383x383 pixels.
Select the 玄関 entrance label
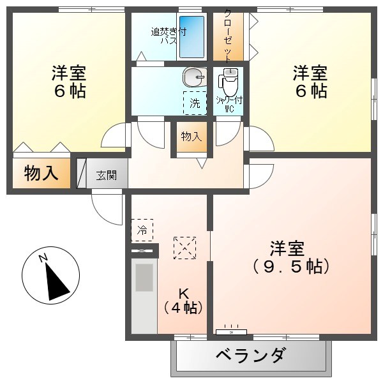click(x=107, y=175)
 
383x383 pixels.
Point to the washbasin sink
click(x=193, y=78)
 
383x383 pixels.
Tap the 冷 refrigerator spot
click(x=142, y=230)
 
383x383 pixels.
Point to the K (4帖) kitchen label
click(x=183, y=301)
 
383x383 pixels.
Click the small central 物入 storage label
click(x=191, y=136)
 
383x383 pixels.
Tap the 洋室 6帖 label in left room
click(x=69, y=81)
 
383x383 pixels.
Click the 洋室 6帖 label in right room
click(x=310, y=81)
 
